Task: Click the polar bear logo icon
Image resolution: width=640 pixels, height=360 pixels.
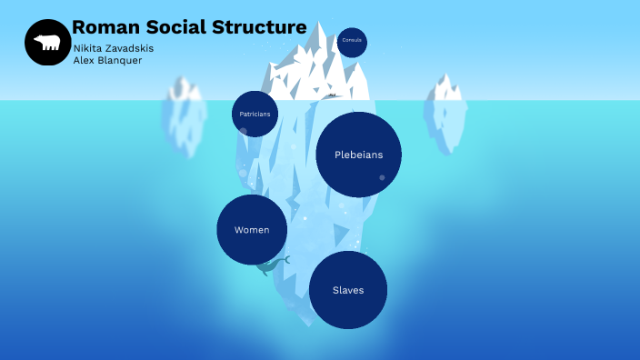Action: [47, 43]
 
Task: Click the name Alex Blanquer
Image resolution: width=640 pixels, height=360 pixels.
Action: [107, 61]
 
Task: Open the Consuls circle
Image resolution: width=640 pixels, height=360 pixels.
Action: [352, 42]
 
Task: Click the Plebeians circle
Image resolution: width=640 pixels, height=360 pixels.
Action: [358, 155]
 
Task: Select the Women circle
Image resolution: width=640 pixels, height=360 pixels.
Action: [252, 229]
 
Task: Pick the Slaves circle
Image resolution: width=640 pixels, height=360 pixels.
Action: [348, 289]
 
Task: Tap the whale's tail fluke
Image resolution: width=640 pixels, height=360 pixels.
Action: [285, 259]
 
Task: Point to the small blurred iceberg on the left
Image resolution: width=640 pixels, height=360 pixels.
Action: [185, 114]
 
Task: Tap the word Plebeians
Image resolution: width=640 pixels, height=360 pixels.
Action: [358, 155]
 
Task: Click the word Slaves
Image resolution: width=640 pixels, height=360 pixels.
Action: [348, 290]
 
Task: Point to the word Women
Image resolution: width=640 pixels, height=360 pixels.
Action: [252, 230]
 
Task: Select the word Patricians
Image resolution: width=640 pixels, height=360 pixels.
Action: [255, 115]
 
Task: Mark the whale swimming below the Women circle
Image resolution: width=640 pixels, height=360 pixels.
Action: [270, 266]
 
